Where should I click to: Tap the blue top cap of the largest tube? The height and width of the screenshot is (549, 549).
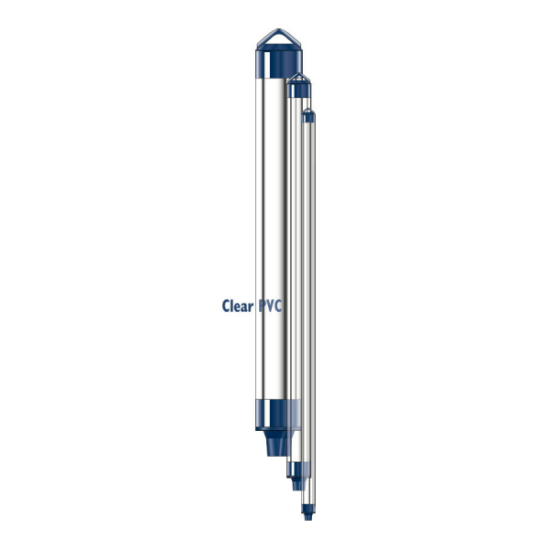(274, 63)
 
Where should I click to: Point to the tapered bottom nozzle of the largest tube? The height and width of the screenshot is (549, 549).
(272, 445)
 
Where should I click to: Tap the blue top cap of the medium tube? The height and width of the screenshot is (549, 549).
(298, 90)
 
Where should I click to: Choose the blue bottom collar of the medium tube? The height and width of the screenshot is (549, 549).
(295, 467)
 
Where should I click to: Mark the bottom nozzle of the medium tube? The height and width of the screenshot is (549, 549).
(295, 481)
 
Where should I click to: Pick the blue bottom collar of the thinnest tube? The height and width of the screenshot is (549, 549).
(308, 501)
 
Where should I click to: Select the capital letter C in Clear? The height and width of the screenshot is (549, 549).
(226, 307)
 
